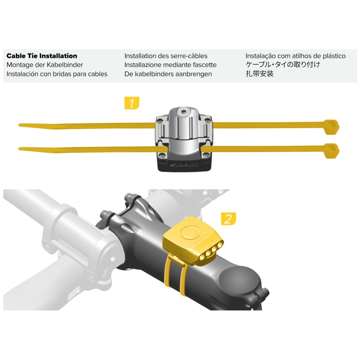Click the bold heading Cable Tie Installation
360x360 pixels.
(x=42, y=56)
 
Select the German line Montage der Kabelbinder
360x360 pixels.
(x=44, y=65)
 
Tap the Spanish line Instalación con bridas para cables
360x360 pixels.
(x=57, y=74)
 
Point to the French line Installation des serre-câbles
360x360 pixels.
(x=166, y=56)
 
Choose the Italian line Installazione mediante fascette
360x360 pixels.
(x=170, y=65)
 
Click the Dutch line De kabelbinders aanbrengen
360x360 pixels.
(x=168, y=74)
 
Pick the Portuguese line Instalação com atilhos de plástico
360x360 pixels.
(x=295, y=56)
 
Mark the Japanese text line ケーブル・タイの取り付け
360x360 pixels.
(x=283, y=65)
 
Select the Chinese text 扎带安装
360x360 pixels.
(x=259, y=74)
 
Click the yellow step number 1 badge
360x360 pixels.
(x=132, y=103)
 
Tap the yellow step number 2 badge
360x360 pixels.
(x=228, y=219)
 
